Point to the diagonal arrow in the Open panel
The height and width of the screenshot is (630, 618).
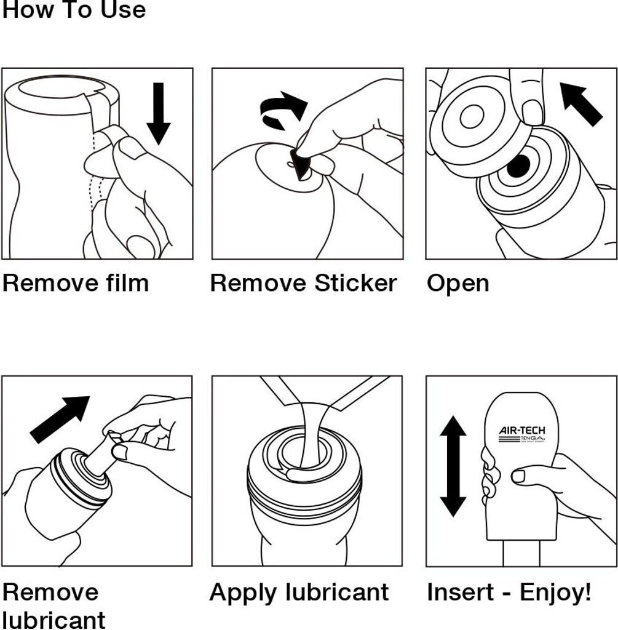(x=581, y=105)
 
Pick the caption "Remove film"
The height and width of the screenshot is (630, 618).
(x=76, y=284)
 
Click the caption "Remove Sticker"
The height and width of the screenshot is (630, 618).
(x=303, y=284)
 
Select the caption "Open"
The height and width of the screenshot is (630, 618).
(x=458, y=284)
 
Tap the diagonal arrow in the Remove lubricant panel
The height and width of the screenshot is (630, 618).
(x=60, y=419)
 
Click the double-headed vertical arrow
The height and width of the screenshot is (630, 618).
(x=453, y=466)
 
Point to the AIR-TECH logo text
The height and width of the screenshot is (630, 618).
(x=521, y=431)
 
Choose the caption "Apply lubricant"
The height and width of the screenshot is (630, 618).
(x=299, y=592)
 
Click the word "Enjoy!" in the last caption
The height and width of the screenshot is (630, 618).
(x=555, y=592)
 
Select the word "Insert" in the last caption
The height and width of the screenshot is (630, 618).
(x=461, y=592)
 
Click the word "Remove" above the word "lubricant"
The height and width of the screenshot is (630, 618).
(x=50, y=592)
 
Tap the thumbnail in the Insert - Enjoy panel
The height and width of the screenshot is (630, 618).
(x=518, y=476)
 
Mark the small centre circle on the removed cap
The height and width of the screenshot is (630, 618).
(x=471, y=116)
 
